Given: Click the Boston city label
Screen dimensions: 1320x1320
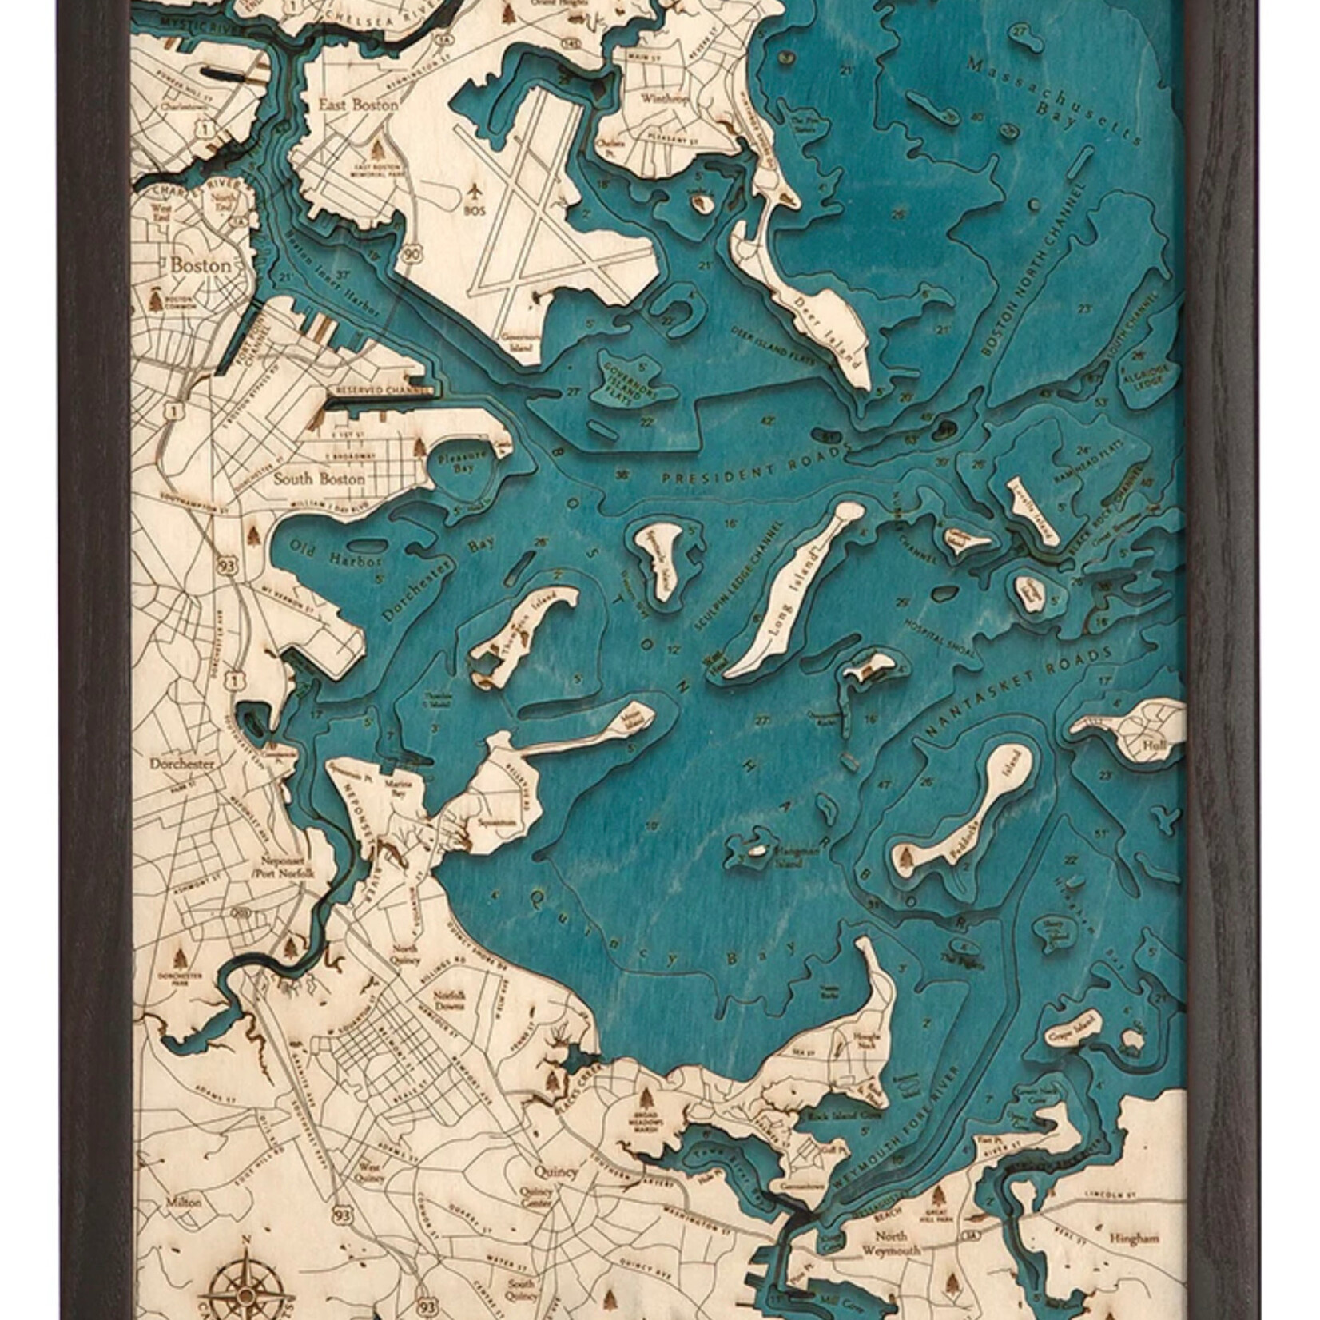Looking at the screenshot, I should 201,265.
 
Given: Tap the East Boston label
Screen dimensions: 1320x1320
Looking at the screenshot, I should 347,105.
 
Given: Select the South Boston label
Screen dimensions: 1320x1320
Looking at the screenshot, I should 319,479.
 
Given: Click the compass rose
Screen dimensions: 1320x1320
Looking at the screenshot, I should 246,1286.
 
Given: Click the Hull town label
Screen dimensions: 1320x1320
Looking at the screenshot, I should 1154,745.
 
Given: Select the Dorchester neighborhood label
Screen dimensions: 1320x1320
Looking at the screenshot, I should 182,764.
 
